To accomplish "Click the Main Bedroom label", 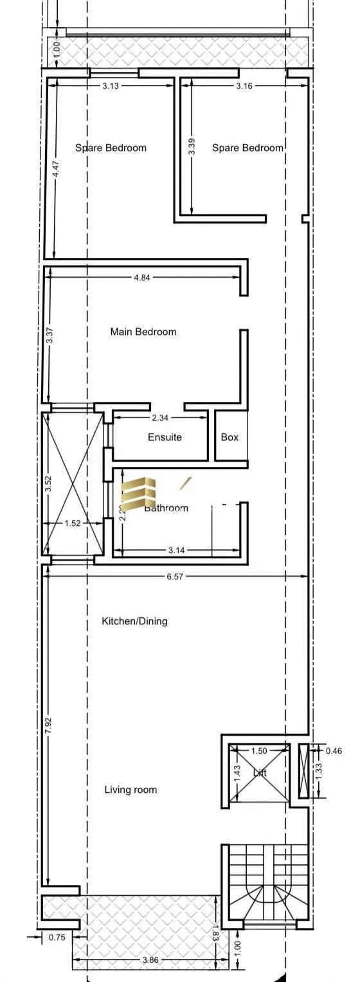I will pyautogui.click(x=143, y=332).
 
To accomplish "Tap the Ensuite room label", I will pyautogui.click(x=165, y=437).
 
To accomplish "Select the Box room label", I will pyautogui.click(x=230, y=437).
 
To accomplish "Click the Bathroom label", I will pyautogui.click(x=166, y=508).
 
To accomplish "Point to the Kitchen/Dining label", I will pyautogui.click(x=134, y=621).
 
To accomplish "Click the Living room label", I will pyautogui.click(x=130, y=790).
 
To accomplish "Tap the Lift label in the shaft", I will pyautogui.click(x=260, y=773).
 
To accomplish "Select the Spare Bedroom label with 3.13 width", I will pyautogui.click(x=111, y=148).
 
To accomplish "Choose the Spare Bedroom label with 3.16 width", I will pyautogui.click(x=248, y=148).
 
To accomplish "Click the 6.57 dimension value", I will pyautogui.click(x=175, y=577).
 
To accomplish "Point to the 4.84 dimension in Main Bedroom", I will pyautogui.click(x=143, y=278).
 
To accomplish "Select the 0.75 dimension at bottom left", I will pyautogui.click(x=57, y=938).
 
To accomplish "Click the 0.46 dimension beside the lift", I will pyautogui.click(x=334, y=750).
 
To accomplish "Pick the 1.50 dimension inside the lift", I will pyautogui.click(x=258, y=751).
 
